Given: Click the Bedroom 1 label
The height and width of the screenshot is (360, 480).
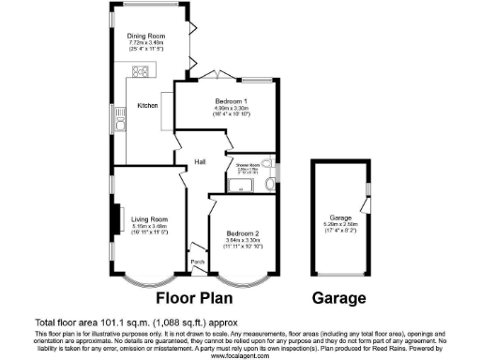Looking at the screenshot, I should (231, 100).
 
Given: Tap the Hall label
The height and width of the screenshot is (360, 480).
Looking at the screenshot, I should (200, 162).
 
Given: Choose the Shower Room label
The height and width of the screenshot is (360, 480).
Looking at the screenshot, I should (247, 165).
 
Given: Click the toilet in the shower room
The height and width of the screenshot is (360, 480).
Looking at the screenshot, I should (270, 169).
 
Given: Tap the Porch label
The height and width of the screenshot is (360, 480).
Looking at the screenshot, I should (197, 262).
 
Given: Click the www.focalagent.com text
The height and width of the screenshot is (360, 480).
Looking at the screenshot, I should (240, 356).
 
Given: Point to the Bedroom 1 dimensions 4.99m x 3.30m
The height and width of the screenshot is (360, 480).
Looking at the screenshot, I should (231, 107).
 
